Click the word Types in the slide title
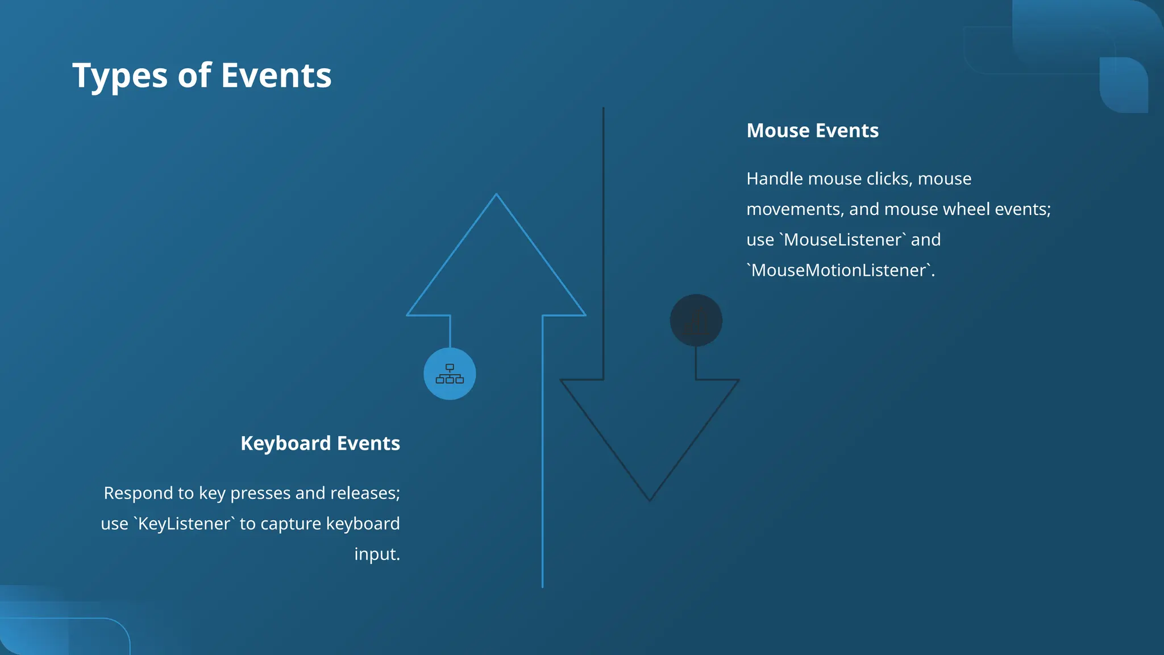point(119,76)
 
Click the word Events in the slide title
point(276,76)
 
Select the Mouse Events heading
point(812,131)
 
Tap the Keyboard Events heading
point(320,443)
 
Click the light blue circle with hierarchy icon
point(450,374)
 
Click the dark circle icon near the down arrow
point(696,321)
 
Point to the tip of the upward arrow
point(496,196)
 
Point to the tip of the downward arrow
point(650,499)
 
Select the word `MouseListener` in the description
point(842,240)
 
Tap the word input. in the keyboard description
point(377,554)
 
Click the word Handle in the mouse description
point(775,179)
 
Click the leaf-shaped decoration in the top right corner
point(1124,85)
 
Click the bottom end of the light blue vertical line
point(542,586)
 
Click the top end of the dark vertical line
point(603,109)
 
